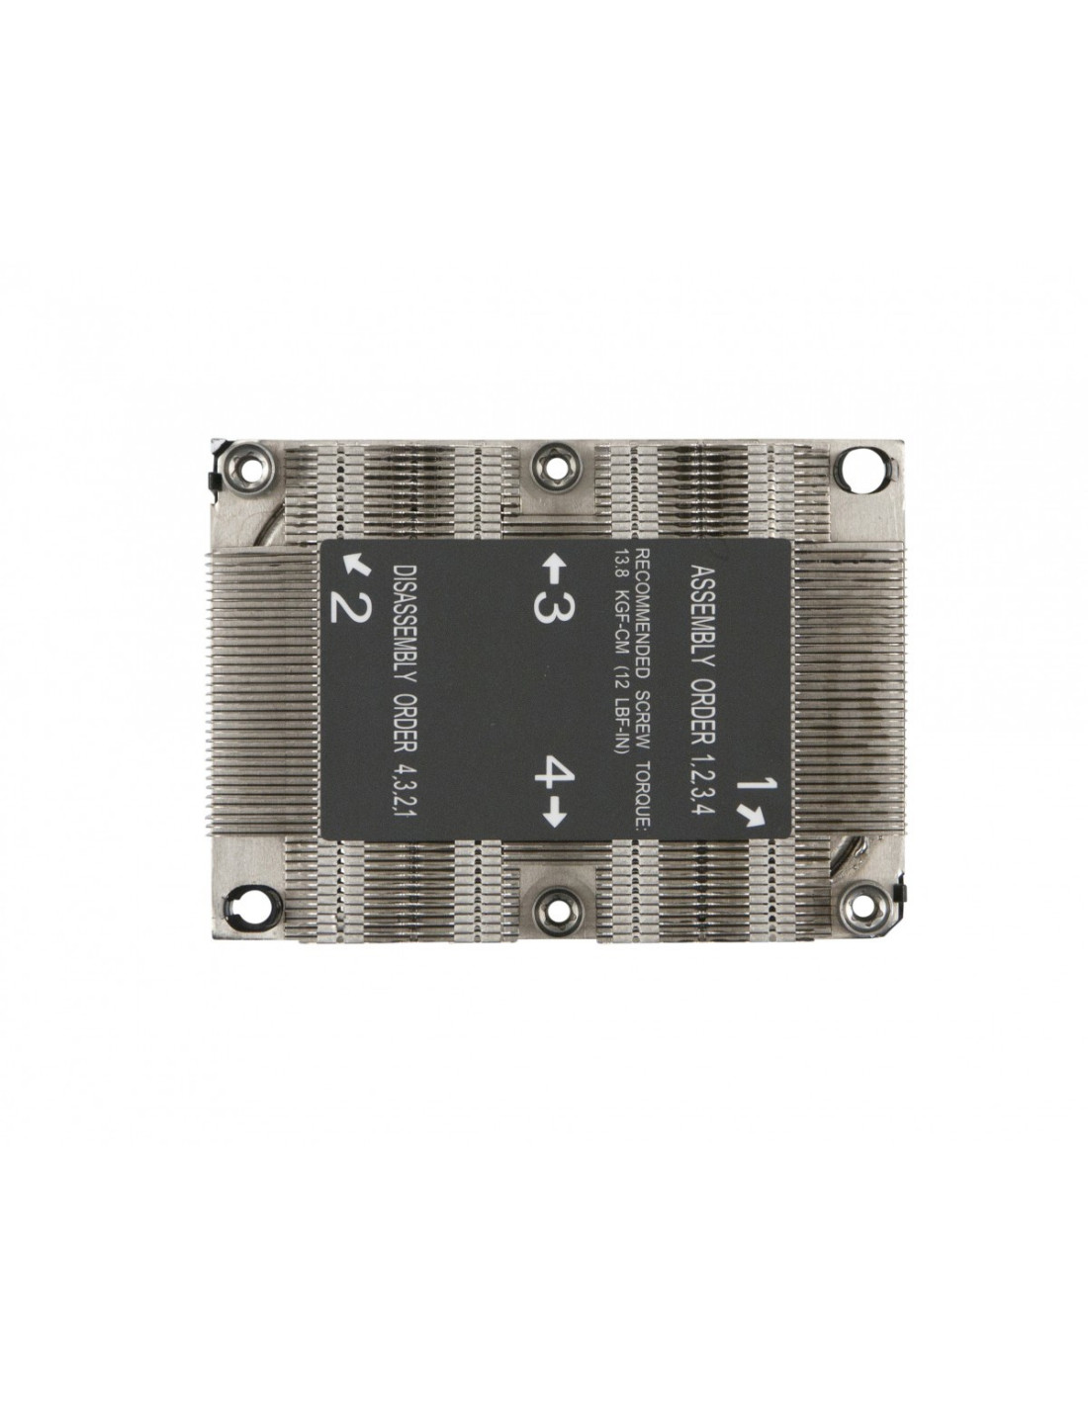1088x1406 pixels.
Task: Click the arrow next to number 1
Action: pos(753,816)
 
